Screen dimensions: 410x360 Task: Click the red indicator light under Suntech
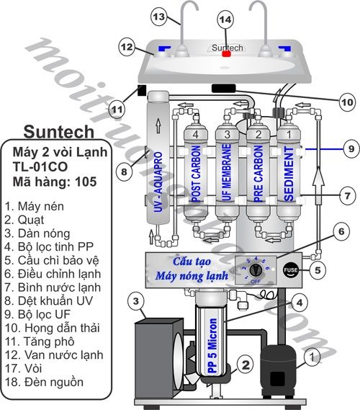click(x=226, y=53)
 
